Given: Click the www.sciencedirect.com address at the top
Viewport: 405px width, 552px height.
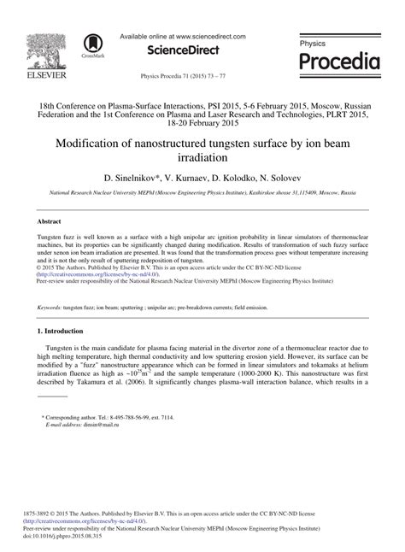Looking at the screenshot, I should [207, 37].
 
